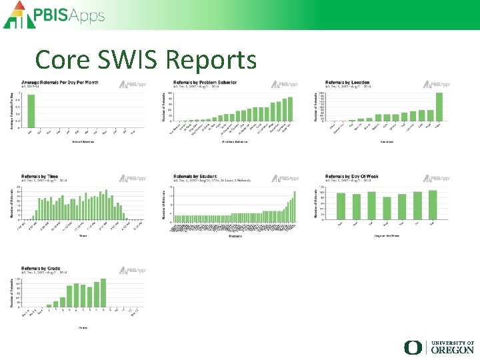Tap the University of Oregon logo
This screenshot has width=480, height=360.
pyautogui.click(x=439, y=347)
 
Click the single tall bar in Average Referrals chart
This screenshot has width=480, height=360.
pyautogui.click(x=31, y=111)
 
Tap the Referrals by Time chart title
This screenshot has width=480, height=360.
pyautogui.click(x=40, y=176)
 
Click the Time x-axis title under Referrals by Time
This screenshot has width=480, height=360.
pyautogui.click(x=83, y=235)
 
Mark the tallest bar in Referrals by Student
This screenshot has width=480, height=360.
pyautogui.click(x=295, y=207)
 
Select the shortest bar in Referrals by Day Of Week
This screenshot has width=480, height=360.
pyautogui.click(x=387, y=207)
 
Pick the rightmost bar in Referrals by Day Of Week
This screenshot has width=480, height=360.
pyautogui.click(x=433, y=204)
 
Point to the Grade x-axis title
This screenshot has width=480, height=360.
pyautogui.click(x=83, y=327)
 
